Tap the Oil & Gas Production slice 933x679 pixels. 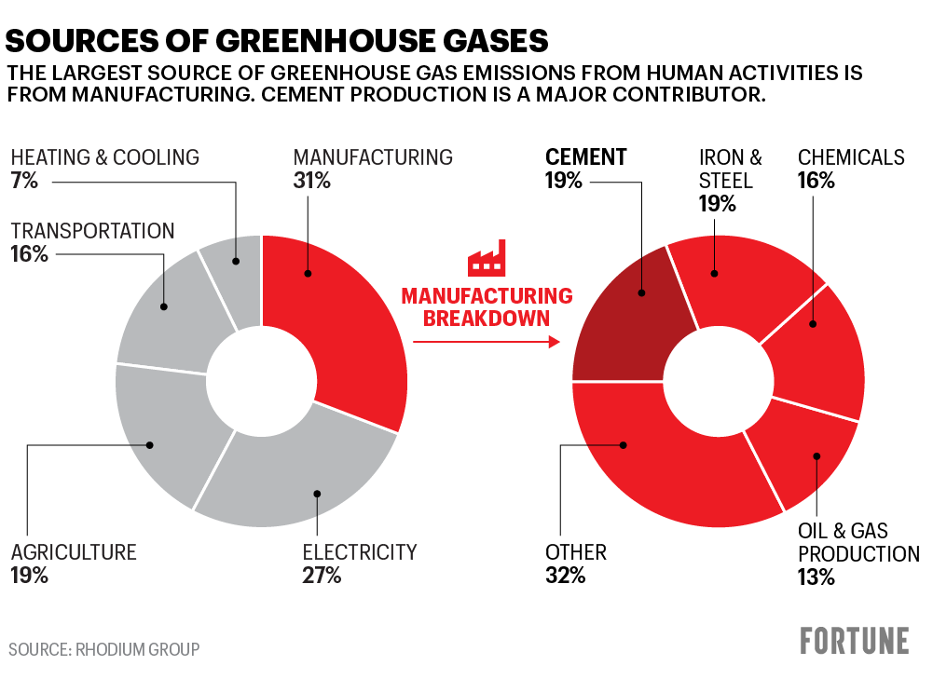click(802, 456)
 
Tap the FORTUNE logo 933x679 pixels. click(854, 641)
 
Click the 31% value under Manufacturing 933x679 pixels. click(311, 181)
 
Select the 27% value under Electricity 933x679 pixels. click(322, 576)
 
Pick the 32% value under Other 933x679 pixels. click(565, 576)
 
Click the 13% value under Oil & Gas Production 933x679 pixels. click(816, 577)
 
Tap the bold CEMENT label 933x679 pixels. click(585, 157)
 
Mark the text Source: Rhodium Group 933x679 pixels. click(104, 648)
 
